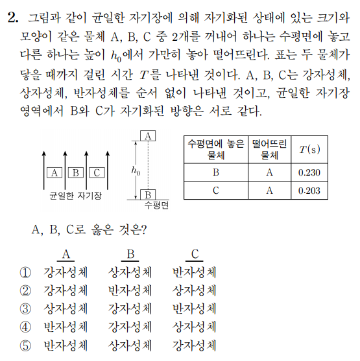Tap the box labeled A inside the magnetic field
[x=55, y=172]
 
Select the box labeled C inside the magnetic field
[x=96, y=172]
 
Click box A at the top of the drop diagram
[x=149, y=136]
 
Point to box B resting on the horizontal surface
[x=149, y=194]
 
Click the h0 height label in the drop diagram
[x=135, y=171]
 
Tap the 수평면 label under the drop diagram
[x=157, y=205]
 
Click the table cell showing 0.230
[x=309, y=173]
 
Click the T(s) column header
[x=309, y=150]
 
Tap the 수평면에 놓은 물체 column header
[x=215, y=150]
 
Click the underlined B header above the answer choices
[x=130, y=254]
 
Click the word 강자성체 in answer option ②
[x=65, y=290]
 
